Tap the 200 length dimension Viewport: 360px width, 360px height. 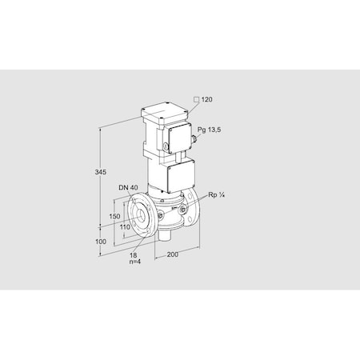[x=172, y=256]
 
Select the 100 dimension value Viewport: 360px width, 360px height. [x=100, y=241]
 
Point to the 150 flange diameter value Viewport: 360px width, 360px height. [x=114, y=217]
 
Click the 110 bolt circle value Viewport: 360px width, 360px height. [x=126, y=227]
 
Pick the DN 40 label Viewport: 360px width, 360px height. [x=127, y=189]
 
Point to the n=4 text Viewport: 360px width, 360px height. [x=136, y=262]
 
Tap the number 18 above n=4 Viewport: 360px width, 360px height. [x=134, y=254]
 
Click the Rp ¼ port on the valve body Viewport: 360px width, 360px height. [x=184, y=210]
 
